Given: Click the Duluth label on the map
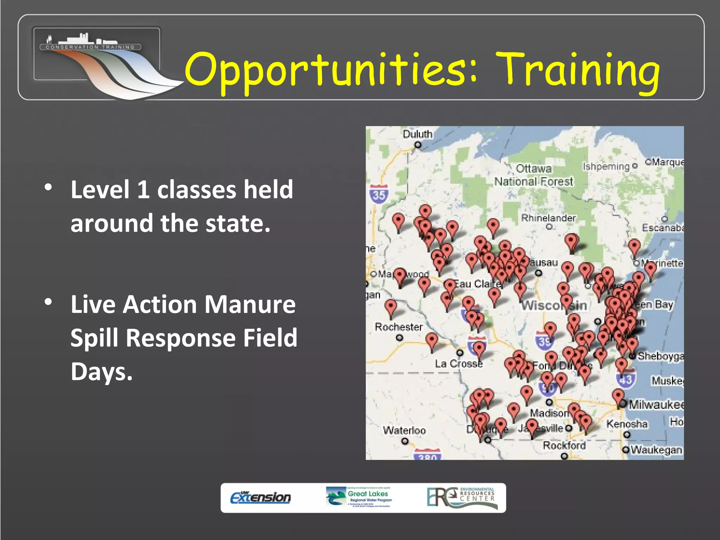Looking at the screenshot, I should click(x=417, y=134).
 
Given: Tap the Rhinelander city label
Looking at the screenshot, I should click(x=548, y=218).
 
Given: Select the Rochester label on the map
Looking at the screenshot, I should click(x=399, y=327).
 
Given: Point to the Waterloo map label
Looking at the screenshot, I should click(x=404, y=430).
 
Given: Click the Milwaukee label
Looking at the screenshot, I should click(x=656, y=405).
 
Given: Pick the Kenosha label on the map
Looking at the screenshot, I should click(x=627, y=424).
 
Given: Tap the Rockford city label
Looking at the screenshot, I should click(x=564, y=445).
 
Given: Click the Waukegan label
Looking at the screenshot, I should click(x=656, y=450).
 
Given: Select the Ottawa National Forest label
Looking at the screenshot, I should click(x=534, y=175).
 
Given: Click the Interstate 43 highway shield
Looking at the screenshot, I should click(x=625, y=379).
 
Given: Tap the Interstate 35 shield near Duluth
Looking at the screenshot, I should click(x=379, y=194).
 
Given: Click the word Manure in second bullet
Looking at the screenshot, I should click(x=250, y=304).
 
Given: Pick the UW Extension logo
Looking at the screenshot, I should click(x=261, y=497).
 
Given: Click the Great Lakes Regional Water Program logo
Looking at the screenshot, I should click(x=360, y=497).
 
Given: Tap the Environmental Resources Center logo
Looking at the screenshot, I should click(x=462, y=497).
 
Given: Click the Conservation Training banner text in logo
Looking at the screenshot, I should click(x=90, y=47).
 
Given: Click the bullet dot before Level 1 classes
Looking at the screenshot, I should click(x=49, y=187).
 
